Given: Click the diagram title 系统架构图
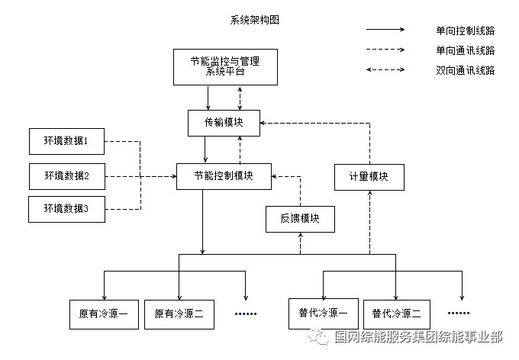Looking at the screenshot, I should click(x=254, y=21).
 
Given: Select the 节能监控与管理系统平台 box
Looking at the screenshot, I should click(x=224, y=66).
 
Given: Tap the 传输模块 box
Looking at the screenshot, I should click(x=224, y=122).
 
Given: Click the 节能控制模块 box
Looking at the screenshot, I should click(x=224, y=176).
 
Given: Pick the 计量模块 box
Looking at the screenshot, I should click(x=369, y=176).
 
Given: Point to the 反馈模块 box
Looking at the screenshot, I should click(x=299, y=219).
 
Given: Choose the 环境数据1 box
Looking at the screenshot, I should click(x=66, y=141).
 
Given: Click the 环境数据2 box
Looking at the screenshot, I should click(x=66, y=176).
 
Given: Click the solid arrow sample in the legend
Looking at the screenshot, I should click(x=385, y=31).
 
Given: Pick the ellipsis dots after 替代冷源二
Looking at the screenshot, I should click(x=459, y=313).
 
